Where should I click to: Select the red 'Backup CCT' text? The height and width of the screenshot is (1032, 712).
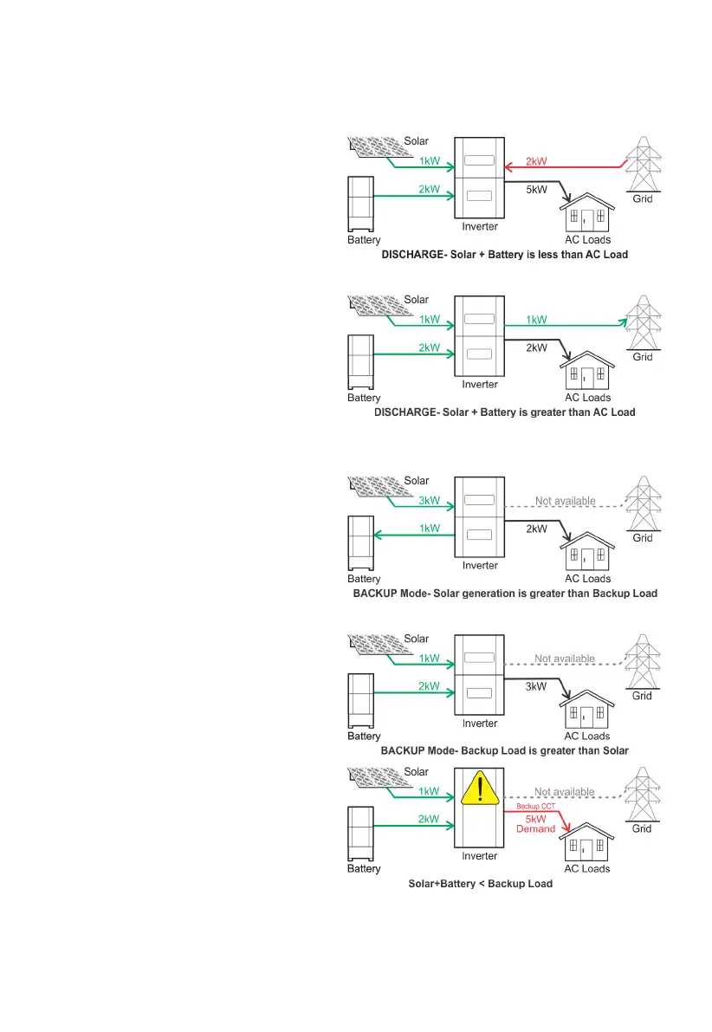coord(534,806)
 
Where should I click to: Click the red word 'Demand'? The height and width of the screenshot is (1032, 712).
coord(535,829)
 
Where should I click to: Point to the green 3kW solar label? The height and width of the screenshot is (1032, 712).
coord(429,500)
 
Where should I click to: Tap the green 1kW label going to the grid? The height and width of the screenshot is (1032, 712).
coord(537,319)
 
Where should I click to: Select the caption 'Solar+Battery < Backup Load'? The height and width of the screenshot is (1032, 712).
coord(480,884)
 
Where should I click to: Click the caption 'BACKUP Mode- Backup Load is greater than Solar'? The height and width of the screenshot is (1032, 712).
coord(504,750)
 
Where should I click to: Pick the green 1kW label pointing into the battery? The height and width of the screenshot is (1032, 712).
coord(429,529)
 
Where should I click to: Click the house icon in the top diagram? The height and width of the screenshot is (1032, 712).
coord(587,211)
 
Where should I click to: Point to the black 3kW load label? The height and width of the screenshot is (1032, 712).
coord(537,686)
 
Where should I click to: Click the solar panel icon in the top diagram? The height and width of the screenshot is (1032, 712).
coord(375,148)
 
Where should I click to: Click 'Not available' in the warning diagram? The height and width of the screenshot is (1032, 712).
coord(565,792)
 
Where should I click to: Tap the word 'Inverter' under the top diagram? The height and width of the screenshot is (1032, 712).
coord(479,227)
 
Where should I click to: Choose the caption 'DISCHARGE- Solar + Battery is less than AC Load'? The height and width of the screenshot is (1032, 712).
coord(503,255)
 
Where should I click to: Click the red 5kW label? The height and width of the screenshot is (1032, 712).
coord(535,817)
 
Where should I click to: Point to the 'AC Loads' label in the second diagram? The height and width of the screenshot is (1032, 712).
coord(587,398)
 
